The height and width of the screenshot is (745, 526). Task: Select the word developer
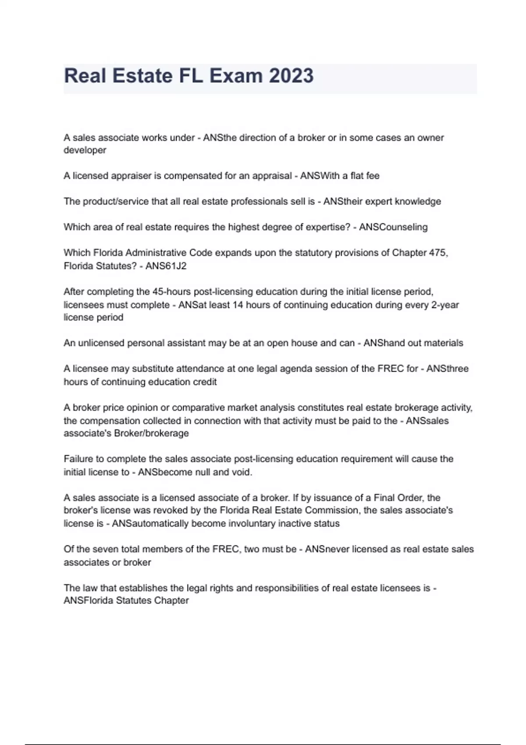pos(85,150)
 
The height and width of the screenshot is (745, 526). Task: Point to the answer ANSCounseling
pos(393,227)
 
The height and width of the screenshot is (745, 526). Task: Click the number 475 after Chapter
pos(438,253)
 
